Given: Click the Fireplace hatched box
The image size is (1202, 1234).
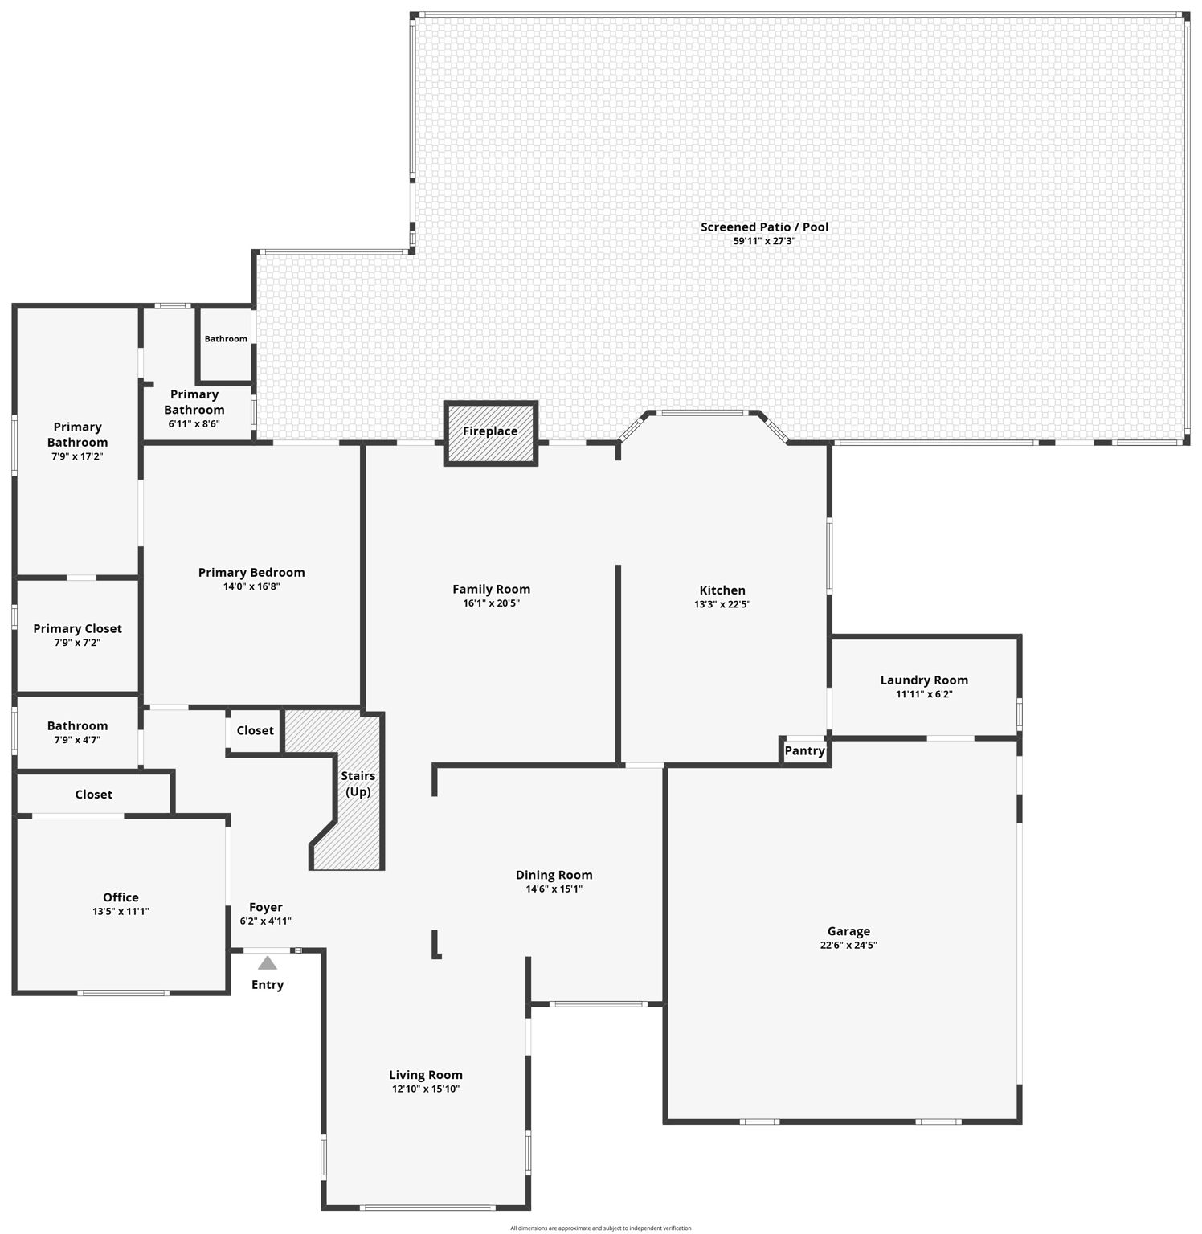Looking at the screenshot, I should point(490,432).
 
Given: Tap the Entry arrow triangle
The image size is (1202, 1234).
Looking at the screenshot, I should point(268,962).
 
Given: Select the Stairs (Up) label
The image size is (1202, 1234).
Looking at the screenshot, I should point(358,783).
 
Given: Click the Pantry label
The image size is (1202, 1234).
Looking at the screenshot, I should point(804,750).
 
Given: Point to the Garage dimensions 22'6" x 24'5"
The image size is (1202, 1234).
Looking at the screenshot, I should point(848,945).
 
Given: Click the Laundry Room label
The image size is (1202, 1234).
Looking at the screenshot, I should point(924,680).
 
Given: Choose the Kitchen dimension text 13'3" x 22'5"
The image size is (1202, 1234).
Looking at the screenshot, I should point(722,604).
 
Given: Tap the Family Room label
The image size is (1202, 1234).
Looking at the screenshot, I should point(491,589).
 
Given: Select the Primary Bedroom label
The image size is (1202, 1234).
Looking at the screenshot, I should point(251,572).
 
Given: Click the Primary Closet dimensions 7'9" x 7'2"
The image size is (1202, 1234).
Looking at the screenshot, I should point(77,643).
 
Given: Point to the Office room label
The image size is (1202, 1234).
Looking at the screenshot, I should point(121,897).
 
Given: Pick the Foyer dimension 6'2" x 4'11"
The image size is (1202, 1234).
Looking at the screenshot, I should point(265,921).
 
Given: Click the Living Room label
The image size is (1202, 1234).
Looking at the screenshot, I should point(426,1075).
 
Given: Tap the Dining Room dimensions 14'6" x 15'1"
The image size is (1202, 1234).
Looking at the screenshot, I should point(554,889).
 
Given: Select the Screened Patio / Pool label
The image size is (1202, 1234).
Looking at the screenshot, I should point(764,227).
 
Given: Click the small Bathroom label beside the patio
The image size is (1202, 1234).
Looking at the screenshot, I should point(226,339).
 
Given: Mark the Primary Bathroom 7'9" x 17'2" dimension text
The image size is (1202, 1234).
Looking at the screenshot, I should point(77,456).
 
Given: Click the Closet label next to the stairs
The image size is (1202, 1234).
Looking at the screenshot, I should point(255,730).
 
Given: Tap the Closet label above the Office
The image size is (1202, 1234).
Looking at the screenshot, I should point(93,794).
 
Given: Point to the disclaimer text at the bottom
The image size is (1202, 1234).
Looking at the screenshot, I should point(600,1228).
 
